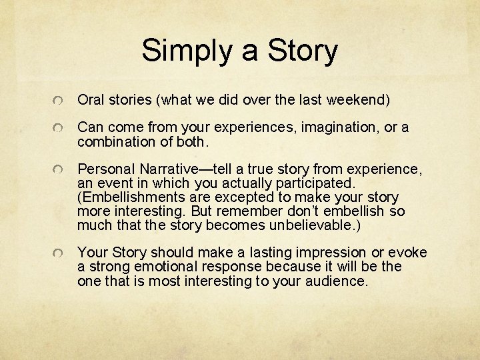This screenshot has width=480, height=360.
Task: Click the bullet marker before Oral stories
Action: coord(60,101)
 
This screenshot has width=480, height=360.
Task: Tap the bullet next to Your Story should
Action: coord(60,254)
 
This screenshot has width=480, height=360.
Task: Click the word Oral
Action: coord(91,100)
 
